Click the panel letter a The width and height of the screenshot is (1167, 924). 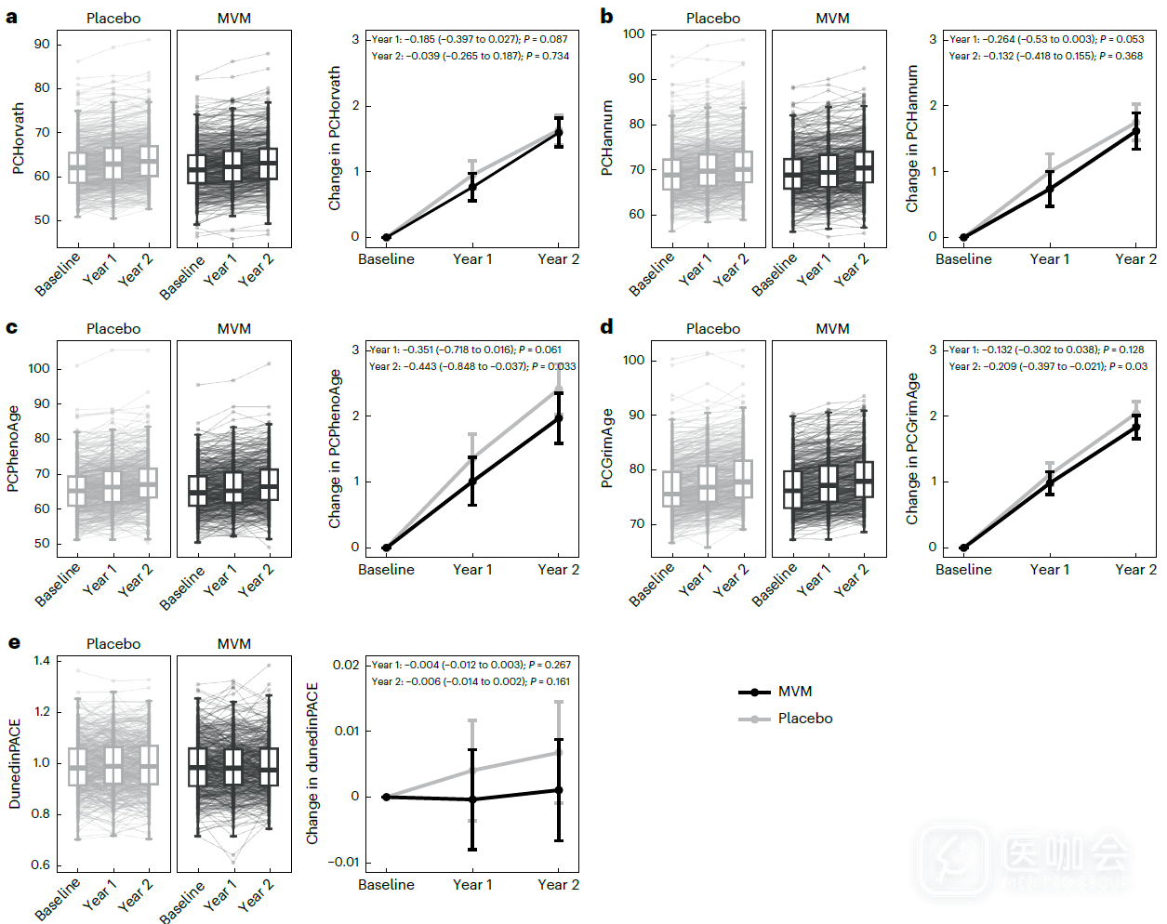click(11, 17)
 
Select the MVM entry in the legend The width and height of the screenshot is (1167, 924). click(794, 692)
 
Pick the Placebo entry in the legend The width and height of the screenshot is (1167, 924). click(804, 719)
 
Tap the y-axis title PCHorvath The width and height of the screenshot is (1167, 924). click(19, 139)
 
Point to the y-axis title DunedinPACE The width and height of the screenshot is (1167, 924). click(15, 763)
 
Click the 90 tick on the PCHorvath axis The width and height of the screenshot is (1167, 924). click(42, 45)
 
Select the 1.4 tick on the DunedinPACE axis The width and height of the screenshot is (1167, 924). click(42, 661)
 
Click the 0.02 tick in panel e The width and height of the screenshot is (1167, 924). click(346, 665)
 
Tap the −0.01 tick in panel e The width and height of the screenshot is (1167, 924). click(344, 862)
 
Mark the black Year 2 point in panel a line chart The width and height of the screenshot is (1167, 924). click(559, 132)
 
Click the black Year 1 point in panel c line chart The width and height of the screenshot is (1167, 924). click(472, 482)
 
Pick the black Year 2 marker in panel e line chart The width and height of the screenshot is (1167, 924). click(559, 790)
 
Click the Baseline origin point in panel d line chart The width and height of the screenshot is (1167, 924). click(963, 548)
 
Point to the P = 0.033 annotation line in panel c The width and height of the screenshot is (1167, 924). click(471, 366)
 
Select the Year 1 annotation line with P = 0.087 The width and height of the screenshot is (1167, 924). click(469, 39)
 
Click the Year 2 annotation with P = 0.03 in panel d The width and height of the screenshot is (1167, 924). click(1047, 366)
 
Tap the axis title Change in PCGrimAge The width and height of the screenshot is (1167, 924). click(913, 449)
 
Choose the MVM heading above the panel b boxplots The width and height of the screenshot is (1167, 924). click(832, 19)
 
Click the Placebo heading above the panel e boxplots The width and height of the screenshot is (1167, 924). click(113, 644)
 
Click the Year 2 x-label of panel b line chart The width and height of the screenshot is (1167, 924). click(1135, 259)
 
